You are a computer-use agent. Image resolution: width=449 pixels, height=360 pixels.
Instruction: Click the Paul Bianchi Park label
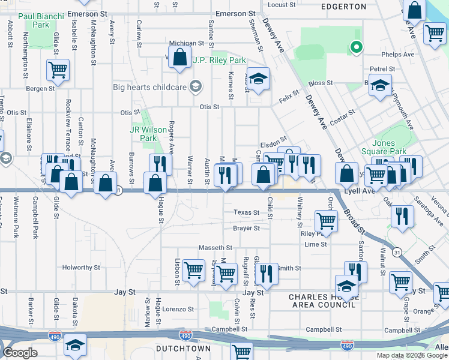coord(33,21)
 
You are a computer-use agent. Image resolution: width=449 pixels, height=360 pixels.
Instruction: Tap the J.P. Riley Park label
coord(220,61)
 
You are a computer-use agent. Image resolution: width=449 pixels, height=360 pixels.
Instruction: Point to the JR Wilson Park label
coord(143,133)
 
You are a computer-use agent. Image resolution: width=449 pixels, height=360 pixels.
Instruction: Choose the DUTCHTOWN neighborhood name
coord(183,348)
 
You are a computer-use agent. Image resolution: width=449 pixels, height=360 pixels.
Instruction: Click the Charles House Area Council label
coord(324,301)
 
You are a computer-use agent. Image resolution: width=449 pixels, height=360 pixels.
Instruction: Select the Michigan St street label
coord(187,43)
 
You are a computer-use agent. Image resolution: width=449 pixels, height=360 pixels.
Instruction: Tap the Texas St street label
coord(246,212)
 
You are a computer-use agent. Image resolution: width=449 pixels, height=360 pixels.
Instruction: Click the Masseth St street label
coord(215,247)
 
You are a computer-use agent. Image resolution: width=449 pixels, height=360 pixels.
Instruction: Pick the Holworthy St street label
coord(81,268)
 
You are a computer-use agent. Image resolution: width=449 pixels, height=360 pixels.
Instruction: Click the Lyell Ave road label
coord(359,190)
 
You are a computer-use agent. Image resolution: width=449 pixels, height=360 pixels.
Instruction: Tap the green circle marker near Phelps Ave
coord(356,46)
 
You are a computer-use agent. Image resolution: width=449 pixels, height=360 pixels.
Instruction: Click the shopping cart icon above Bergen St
coord(58,70)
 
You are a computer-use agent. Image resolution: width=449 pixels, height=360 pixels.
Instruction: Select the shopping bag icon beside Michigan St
coord(180,58)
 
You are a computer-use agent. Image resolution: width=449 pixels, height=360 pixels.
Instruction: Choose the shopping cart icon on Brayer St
coord(326,220)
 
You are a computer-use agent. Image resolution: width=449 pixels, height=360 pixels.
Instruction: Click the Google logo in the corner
coord(20,353)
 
